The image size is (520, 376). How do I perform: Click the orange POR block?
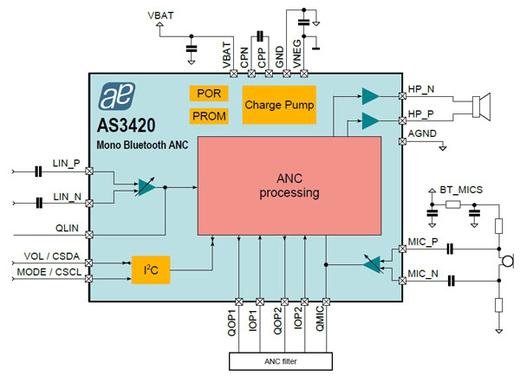click(209, 94)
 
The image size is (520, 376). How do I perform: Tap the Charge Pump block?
click(279, 105)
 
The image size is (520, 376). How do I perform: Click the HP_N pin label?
click(422, 89)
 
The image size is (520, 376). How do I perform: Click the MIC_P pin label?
click(423, 243)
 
